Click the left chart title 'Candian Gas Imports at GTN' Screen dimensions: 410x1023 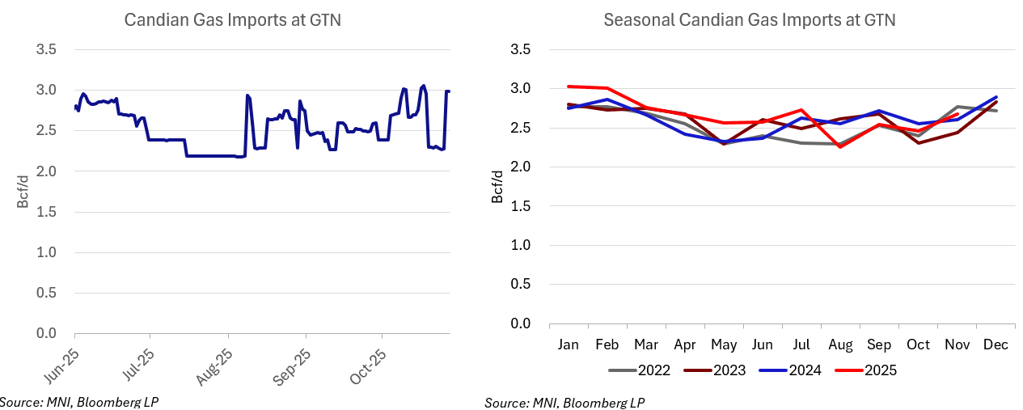[232, 20]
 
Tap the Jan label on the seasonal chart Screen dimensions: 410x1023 [569, 344]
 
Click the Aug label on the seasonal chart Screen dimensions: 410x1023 [841, 344]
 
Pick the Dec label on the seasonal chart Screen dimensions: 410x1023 [996, 344]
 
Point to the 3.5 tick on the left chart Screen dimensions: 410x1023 [47, 49]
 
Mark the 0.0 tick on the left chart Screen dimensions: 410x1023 [47, 333]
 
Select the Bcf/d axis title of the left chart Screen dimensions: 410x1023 [23, 192]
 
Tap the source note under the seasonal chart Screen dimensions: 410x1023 [564, 403]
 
